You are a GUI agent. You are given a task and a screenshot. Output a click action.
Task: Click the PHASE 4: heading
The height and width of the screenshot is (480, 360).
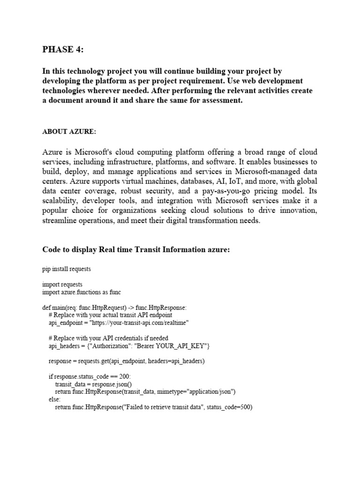64,50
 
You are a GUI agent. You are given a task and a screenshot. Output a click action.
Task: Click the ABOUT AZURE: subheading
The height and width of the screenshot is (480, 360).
69,132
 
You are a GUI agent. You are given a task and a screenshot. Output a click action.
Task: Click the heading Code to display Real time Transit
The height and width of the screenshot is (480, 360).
136,250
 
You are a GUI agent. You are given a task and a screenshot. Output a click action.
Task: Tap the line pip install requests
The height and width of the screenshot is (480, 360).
66,269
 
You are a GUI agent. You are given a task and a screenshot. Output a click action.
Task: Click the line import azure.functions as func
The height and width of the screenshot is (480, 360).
81,292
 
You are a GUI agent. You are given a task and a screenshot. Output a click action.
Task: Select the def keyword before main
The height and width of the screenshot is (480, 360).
46,307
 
